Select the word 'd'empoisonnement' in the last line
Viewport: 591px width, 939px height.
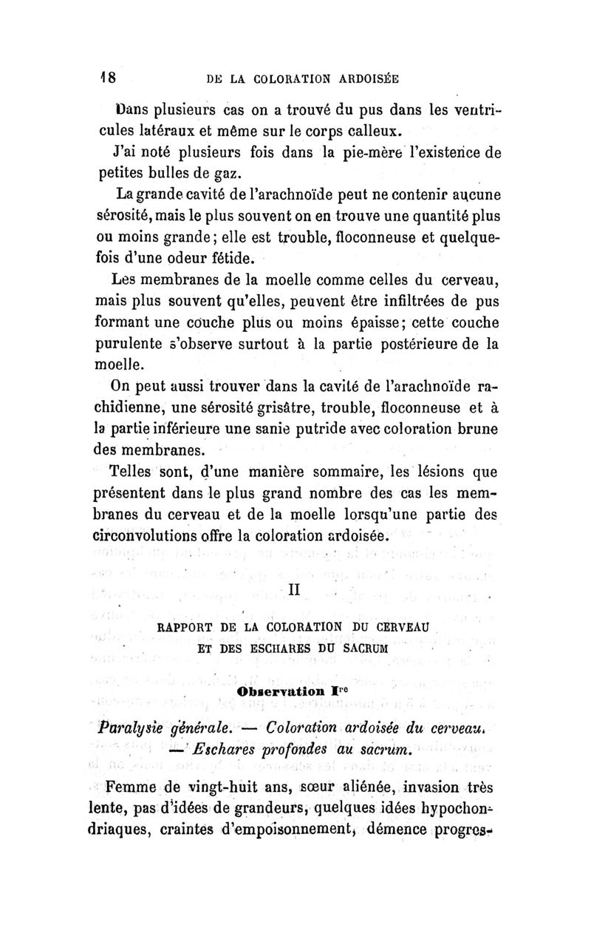pos(268,823)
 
